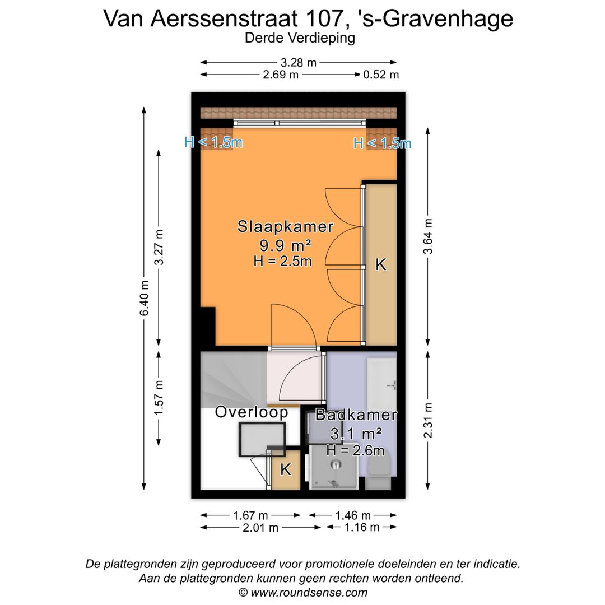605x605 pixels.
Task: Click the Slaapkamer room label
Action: pyautogui.click(x=285, y=227)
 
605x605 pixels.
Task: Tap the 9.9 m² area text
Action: pyautogui.click(x=285, y=245)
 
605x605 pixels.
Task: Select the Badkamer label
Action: pyautogui.click(x=356, y=415)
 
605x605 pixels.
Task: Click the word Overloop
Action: pyautogui.click(x=252, y=412)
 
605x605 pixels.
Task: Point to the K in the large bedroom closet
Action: pyautogui.click(x=380, y=264)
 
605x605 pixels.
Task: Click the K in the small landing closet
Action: pyautogui.click(x=286, y=469)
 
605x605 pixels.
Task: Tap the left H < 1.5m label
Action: pyautogui.click(x=213, y=142)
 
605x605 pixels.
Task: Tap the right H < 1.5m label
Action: pyautogui.click(x=382, y=143)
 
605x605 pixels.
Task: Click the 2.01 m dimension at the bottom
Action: pyautogui.click(x=258, y=527)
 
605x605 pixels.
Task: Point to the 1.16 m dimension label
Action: pyautogui.click(x=361, y=527)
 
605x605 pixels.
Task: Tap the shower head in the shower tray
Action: pyautogui.click(x=335, y=464)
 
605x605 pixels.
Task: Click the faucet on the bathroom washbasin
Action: pyautogui.click(x=393, y=385)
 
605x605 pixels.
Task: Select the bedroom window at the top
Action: pyautogui.click(x=300, y=123)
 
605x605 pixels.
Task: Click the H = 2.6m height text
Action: pyautogui.click(x=355, y=450)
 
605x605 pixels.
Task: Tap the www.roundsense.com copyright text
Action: pyautogui.click(x=303, y=592)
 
